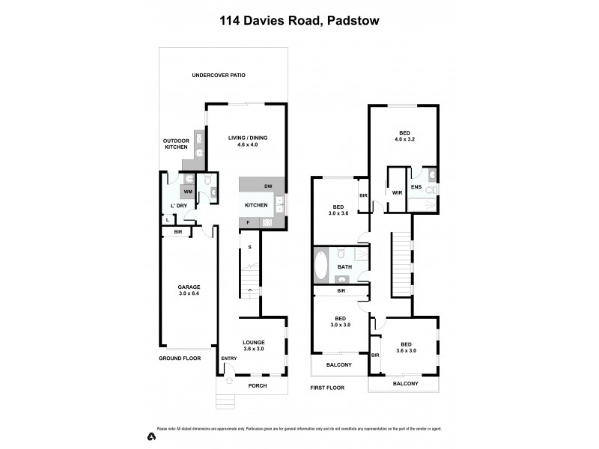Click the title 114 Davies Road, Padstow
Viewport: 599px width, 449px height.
[x=299, y=22]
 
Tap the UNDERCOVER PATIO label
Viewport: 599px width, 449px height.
[x=219, y=76]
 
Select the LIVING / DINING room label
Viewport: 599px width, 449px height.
[x=248, y=141]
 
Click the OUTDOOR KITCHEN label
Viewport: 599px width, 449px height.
[x=177, y=144]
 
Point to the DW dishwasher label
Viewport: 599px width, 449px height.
[x=267, y=186]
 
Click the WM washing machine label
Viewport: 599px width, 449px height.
[x=188, y=192]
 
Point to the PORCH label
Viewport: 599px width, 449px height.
[x=256, y=386]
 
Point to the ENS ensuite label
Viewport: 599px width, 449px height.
[x=416, y=187]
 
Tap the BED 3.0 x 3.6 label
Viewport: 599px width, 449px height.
[x=338, y=210]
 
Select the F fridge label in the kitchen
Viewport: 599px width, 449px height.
[x=248, y=223]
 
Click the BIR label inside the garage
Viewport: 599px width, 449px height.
[x=177, y=233]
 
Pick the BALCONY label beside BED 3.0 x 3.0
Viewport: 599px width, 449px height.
[x=338, y=365]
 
